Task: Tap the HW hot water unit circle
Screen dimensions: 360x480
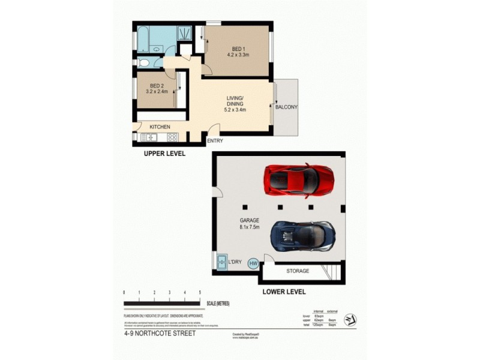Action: [x=253, y=263]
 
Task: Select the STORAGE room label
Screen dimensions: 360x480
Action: [x=297, y=271]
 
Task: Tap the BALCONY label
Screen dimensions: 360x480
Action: [x=286, y=107]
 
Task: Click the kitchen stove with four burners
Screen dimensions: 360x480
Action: [x=172, y=137]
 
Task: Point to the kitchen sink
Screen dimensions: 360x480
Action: [x=147, y=137]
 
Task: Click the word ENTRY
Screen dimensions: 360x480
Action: [x=215, y=141]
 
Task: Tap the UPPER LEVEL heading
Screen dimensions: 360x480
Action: [x=164, y=154]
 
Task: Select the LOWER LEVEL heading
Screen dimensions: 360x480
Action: [x=284, y=292]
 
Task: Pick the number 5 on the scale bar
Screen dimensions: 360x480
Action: [x=200, y=292]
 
